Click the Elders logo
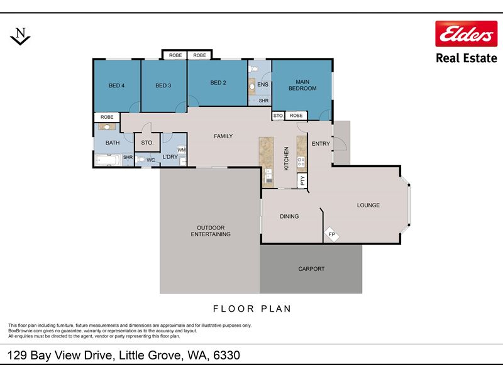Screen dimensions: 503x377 click(x=466, y=34)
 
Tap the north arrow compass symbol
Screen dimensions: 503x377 click(x=20, y=36)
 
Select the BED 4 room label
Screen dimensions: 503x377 click(x=116, y=85)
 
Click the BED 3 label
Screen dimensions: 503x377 click(x=163, y=85)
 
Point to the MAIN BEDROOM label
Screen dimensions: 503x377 click(x=302, y=85)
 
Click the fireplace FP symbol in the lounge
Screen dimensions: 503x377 click(x=332, y=234)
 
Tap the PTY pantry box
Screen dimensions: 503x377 click(x=302, y=180)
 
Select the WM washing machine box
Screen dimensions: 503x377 click(x=182, y=150)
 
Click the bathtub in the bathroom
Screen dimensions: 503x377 click(x=108, y=160)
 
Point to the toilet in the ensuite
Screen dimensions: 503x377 click(x=253, y=68)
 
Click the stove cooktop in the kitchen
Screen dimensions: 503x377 click(x=301, y=162)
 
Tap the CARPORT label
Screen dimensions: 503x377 click(x=311, y=269)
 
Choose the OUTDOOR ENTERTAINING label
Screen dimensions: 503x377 click(x=211, y=231)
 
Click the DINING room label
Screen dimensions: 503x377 click(x=289, y=216)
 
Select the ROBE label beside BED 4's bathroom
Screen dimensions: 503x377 click(x=107, y=117)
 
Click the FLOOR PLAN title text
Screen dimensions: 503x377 click(x=252, y=309)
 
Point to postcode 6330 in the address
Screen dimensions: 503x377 click(x=226, y=355)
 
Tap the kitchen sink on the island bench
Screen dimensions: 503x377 click(x=268, y=177)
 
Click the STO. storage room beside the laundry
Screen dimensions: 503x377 click(x=147, y=143)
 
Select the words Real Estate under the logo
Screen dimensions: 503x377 click(x=467, y=58)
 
